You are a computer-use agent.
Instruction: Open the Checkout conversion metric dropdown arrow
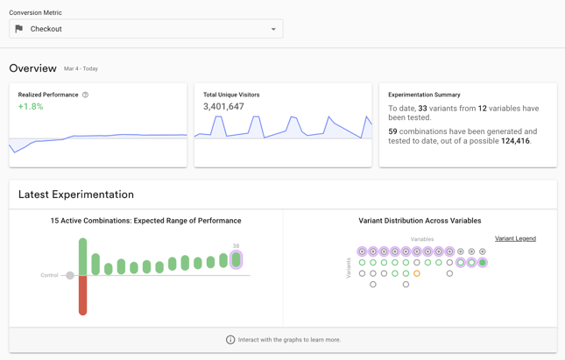coord(273,29)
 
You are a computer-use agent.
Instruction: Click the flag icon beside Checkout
coord(19,29)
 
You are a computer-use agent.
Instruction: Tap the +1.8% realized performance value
coord(31,107)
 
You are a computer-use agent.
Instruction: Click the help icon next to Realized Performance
coord(85,95)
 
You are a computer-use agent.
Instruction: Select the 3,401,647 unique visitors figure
coord(223,107)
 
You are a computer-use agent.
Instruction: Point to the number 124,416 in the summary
coord(515,141)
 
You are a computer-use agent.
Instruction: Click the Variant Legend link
coord(515,238)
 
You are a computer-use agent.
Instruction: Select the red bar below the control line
coord(83,295)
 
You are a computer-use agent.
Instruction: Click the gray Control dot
coord(70,275)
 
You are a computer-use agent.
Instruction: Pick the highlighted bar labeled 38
coord(236,259)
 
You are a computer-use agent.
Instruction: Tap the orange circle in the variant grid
coord(417,273)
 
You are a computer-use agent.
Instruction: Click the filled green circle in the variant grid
coord(483,263)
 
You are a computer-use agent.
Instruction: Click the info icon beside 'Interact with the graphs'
coord(230,340)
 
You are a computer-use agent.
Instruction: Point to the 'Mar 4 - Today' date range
coord(81,69)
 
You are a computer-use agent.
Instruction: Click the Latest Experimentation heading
coord(76,194)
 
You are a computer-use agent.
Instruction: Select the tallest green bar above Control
coord(83,257)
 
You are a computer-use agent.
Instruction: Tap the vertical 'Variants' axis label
coord(349,268)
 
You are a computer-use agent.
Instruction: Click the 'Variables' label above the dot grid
coord(422,239)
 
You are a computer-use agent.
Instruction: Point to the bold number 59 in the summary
coord(392,131)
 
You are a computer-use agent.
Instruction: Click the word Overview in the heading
coord(32,68)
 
